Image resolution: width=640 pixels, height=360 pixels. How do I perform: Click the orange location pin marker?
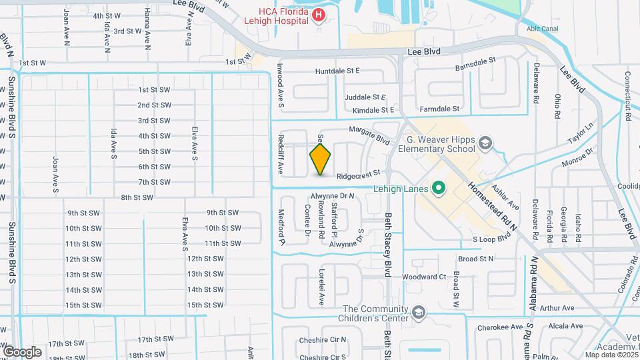[x=321, y=159]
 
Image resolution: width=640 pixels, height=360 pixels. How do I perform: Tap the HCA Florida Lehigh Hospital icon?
[x=319, y=15]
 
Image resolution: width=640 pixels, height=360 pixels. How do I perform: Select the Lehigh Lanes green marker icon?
[x=439, y=189]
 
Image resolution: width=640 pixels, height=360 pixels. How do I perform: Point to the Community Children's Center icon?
[x=418, y=312]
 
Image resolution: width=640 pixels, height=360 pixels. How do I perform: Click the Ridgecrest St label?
[x=358, y=177]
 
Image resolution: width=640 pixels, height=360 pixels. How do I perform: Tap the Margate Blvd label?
[x=369, y=137]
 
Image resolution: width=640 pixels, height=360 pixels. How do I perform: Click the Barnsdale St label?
[x=476, y=59]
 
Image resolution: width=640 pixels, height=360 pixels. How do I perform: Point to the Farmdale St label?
[x=440, y=108]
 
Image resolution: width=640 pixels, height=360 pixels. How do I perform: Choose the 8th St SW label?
[x=137, y=197]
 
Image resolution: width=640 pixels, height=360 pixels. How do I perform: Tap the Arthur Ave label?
[x=557, y=308]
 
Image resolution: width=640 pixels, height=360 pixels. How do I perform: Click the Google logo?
[x=21, y=351]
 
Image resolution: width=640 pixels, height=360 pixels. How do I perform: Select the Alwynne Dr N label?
[x=333, y=196]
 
